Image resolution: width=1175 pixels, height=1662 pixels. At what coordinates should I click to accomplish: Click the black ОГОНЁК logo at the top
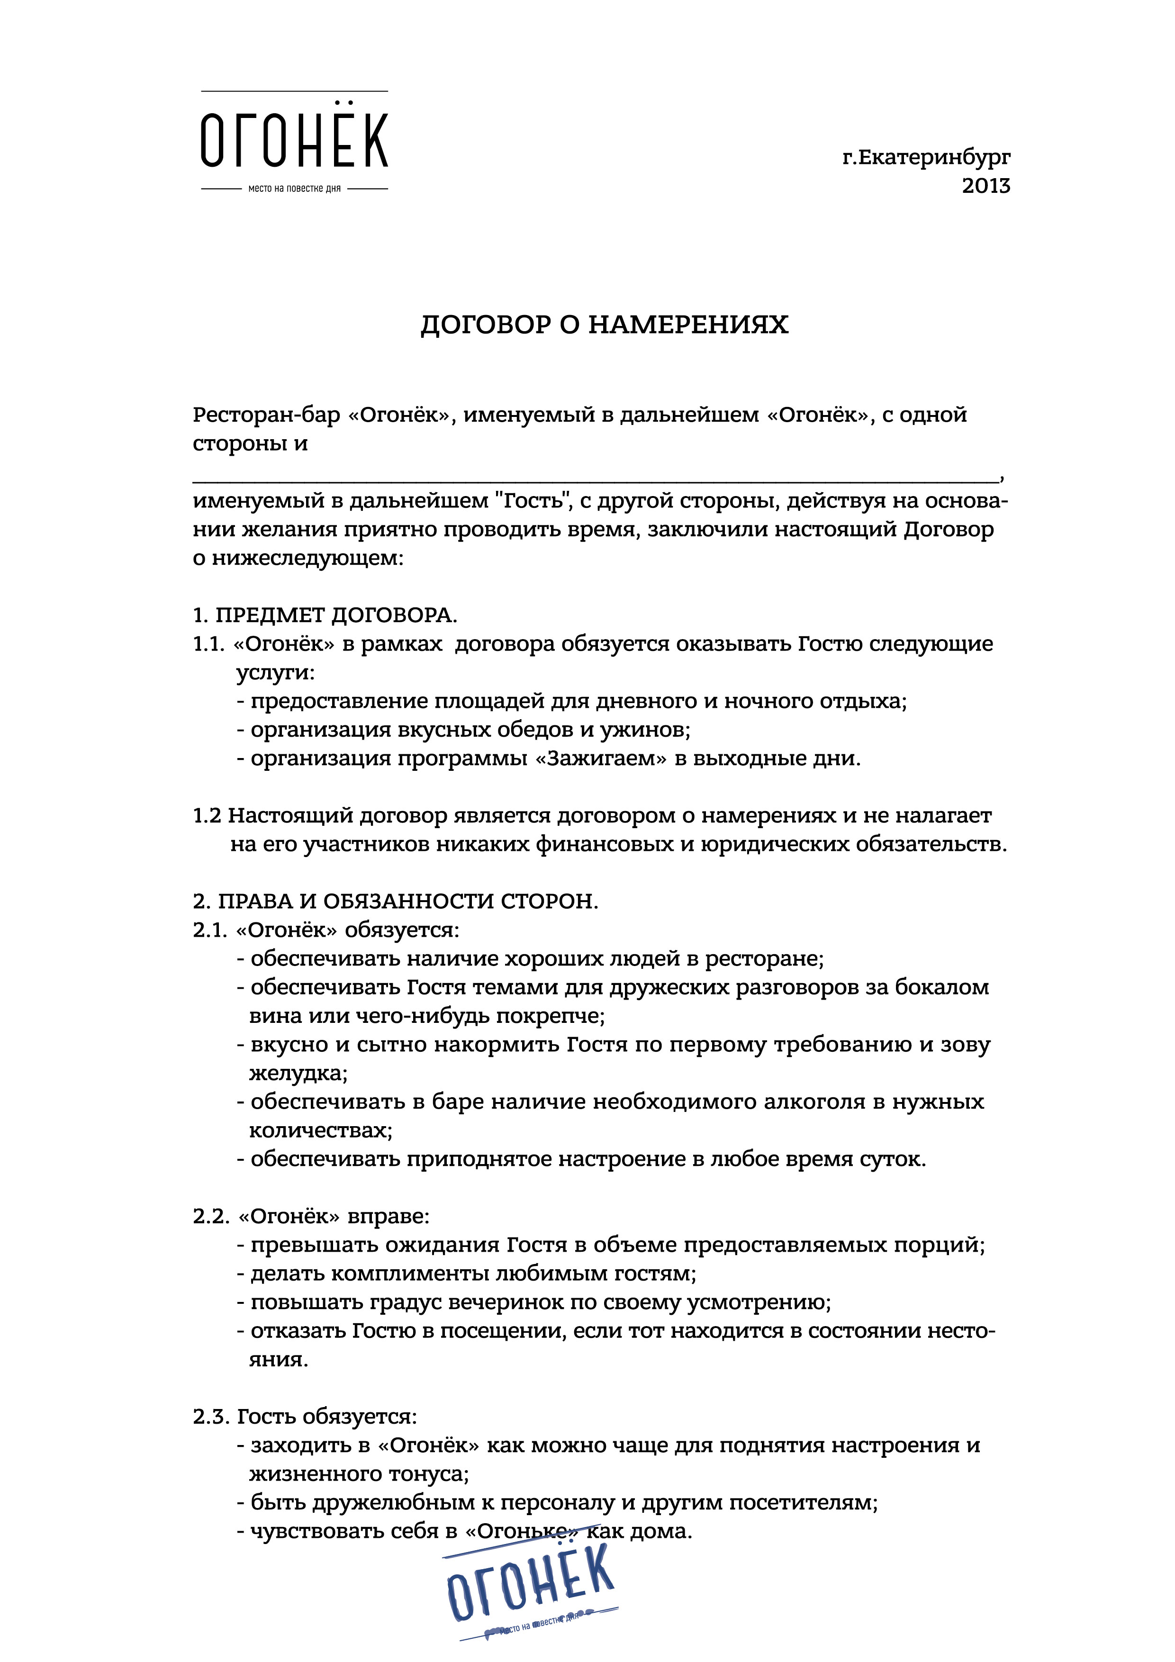294,140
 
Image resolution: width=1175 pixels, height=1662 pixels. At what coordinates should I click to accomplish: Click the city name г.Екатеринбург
927,158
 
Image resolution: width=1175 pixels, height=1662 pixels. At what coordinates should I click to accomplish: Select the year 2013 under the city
986,186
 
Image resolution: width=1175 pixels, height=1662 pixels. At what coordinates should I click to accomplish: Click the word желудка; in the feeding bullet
298,1073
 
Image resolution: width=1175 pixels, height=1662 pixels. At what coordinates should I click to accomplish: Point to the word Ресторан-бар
266,415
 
